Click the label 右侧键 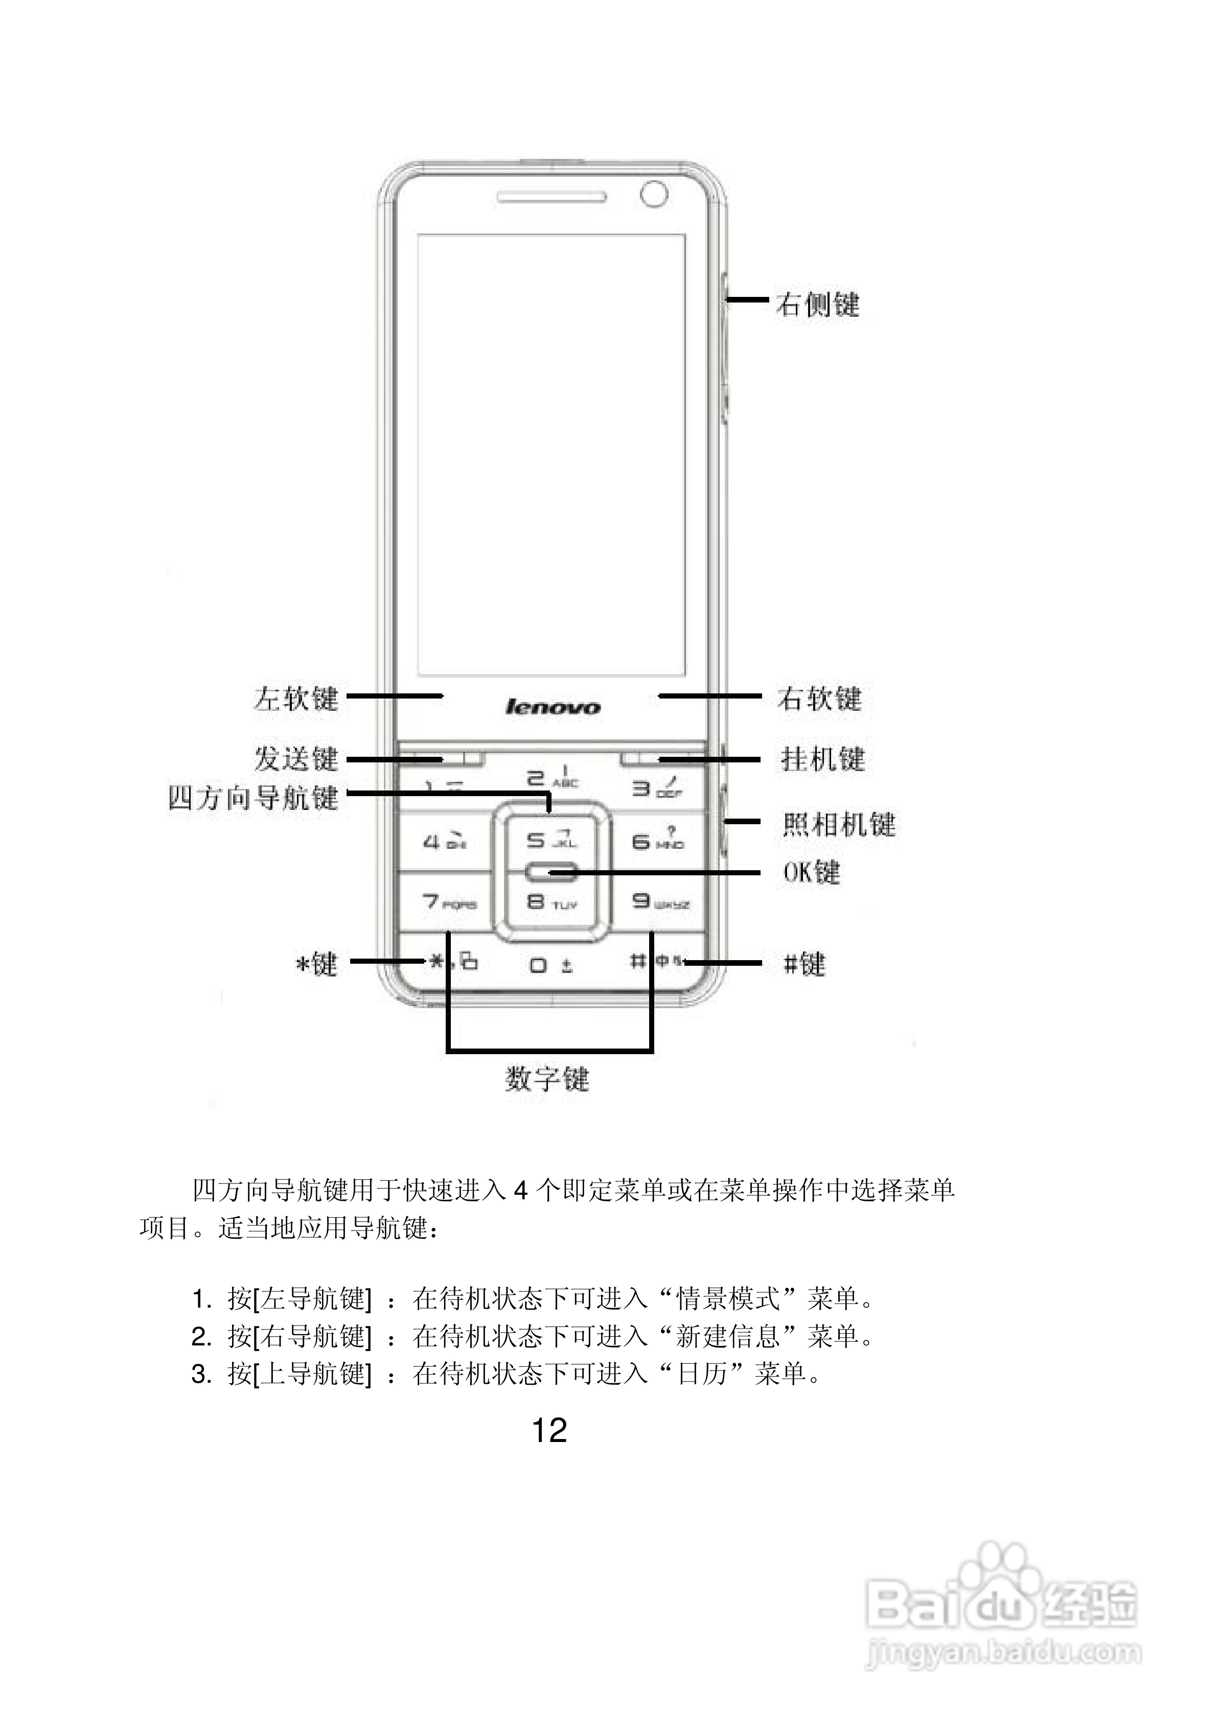(x=817, y=305)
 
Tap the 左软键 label (x=296, y=699)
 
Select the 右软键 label (x=819, y=699)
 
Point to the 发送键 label (x=296, y=759)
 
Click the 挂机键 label (x=822, y=759)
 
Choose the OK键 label (x=811, y=872)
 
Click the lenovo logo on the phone (x=553, y=707)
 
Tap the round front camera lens (x=654, y=194)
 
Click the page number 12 (x=549, y=1430)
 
